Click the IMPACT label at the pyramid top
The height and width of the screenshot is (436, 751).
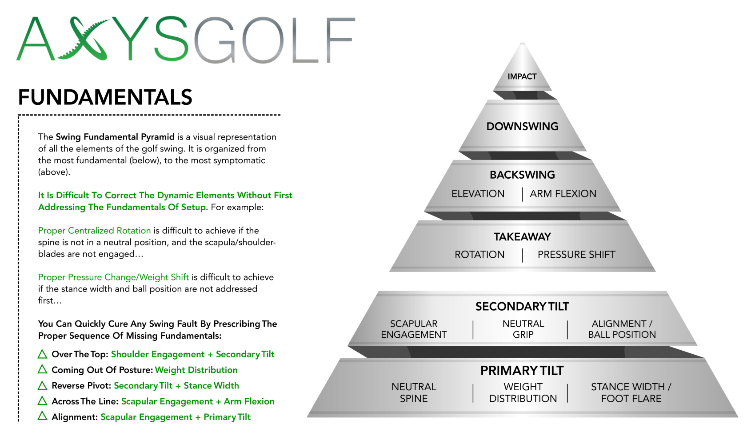[522, 76]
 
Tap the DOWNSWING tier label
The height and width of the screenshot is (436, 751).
[522, 126]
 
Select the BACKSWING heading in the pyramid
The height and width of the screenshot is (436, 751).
[522, 175]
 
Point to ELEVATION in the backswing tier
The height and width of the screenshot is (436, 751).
[478, 193]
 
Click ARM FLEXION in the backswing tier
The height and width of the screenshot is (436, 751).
[563, 193]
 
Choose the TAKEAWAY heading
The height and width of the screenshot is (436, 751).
[522, 237]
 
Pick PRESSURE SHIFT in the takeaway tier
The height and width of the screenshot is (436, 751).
[576, 255]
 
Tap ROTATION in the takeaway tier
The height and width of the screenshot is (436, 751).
[479, 255]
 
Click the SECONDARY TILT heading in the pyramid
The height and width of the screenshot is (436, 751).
[522, 307]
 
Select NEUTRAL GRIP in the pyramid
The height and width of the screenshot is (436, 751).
[523, 329]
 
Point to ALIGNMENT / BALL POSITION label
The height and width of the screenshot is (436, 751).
[622, 329]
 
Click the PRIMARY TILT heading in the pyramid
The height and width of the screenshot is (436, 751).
[522, 371]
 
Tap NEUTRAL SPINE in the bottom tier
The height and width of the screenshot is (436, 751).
[414, 393]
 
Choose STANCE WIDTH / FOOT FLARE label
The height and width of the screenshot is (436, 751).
[631, 393]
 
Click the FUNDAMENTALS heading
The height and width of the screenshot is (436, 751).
[105, 97]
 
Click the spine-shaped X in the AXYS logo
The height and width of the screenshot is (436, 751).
[84, 39]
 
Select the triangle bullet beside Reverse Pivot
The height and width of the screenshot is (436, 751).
[43, 385]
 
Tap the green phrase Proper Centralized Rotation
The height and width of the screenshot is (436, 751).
[94, 230]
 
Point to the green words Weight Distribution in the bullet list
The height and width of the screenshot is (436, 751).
[196, 370]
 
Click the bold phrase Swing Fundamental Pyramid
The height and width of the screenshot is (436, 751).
[115, 137]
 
